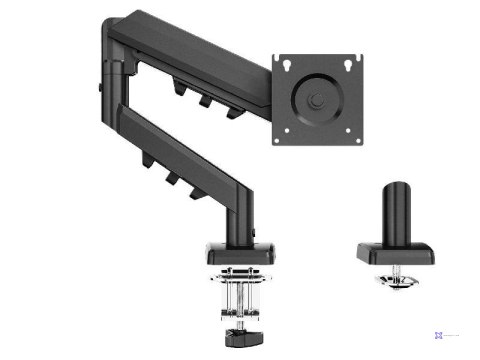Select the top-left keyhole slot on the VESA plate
point(285,67)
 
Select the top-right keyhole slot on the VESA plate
point(349,67)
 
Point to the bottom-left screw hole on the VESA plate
point(285,132)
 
